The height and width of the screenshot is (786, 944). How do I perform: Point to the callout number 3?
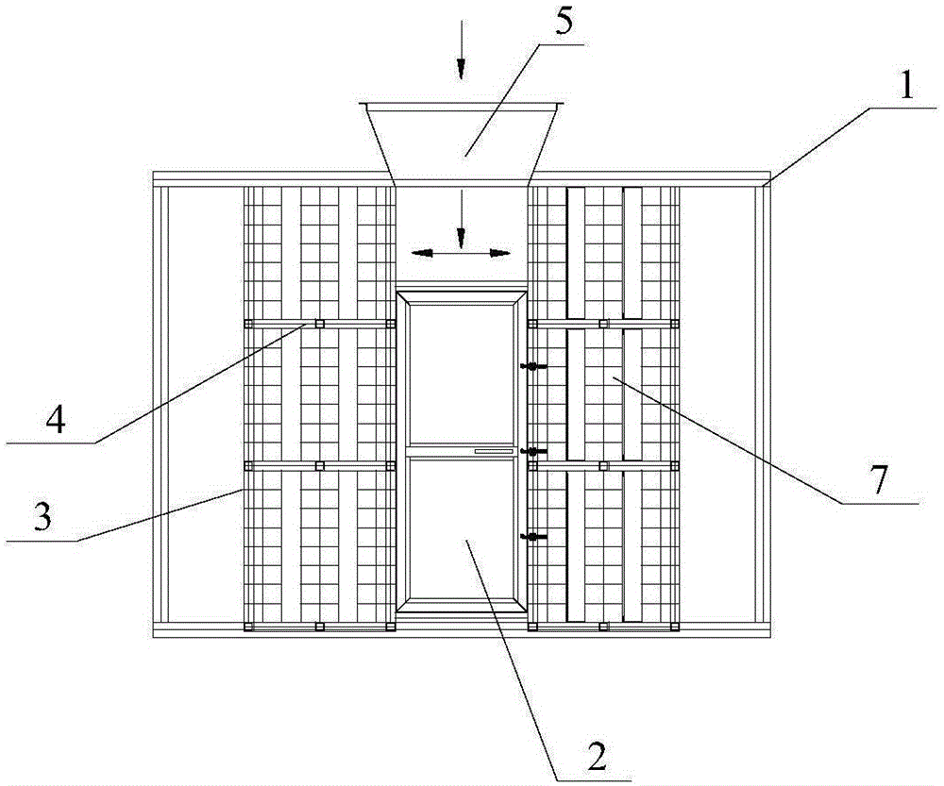click(x=42, y=516)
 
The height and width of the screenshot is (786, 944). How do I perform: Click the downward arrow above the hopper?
click(x=462, y=49)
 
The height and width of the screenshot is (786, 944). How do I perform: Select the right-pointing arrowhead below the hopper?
click(x=500, y=254)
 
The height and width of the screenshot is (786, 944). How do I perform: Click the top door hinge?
click(x=533, y=366)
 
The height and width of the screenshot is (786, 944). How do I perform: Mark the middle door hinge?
click(x=533, y=451)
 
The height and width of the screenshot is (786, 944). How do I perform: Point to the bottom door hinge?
click(x=533, y=536)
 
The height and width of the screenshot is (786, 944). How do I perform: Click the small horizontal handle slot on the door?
click(x=494, y=450)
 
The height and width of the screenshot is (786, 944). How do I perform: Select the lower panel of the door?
click(x=462, y=527)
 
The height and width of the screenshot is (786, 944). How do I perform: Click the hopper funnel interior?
click(x=462, y=142)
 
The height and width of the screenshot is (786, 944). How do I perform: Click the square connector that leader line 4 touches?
click(x=320, y=324)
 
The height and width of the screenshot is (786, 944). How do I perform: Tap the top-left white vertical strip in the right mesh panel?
click(x=576, y=253)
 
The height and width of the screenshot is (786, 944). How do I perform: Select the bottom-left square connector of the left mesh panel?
click(x=248, y=627)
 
